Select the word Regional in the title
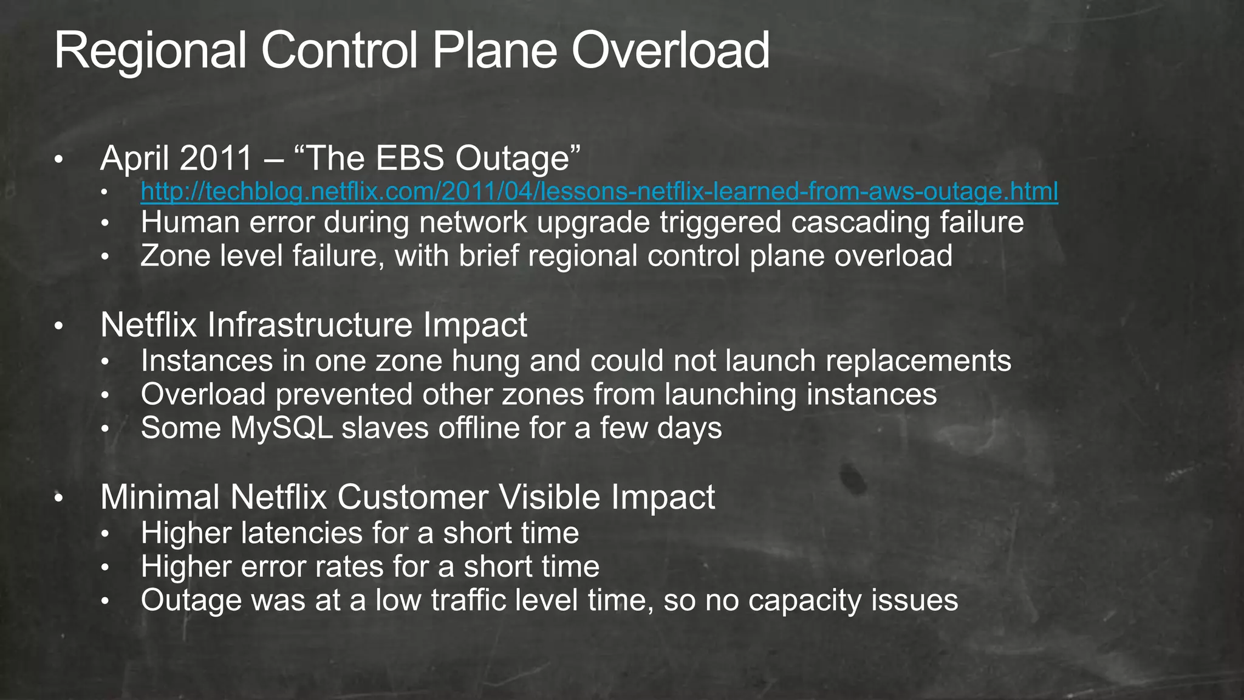tap(150, 51)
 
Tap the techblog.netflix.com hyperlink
tap(599, 191)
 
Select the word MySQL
tap(282, 428)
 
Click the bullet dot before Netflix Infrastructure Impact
tap(58, 327)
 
